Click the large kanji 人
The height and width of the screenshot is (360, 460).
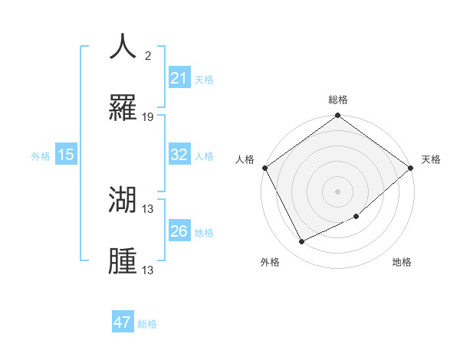pyautogui.click(x=123, y=47)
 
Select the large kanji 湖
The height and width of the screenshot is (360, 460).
pyautogui.click(x=123, y=200)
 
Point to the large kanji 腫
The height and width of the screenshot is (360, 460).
pyautogui.click(x=123, y=261)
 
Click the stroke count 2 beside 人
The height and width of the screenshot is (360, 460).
pyautogui.click(x=147, y=56)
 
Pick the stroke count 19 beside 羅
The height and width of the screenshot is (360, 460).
pyautogui.click(x=148, y=117)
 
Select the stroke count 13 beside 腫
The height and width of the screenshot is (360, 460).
pyautogui.click(x=148, y=270)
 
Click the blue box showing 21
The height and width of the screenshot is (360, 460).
pyautogui.click(x=179, y=78)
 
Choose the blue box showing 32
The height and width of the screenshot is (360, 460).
pyautogui.click(x=179, y=155)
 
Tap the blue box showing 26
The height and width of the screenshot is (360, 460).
pyautogui.click(x=179, y=231)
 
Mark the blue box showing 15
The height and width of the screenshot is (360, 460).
pyautogui.click(x=66, y=155)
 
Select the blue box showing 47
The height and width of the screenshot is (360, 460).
pyautogui.click(x=123, y=322)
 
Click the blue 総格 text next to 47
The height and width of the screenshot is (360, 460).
pyautogui.click(x=147, y=324)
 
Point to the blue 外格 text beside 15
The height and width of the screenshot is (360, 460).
pyautogui.click(x=41, y=155)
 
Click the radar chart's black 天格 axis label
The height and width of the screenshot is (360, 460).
pyautogui.click(x=431, y=159)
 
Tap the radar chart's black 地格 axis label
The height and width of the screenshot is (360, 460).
pyautogui.click(x=402, y=262)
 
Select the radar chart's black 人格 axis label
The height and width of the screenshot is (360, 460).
pyautogui.click(x=245, y=159)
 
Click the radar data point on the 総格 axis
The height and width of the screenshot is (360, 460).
pyautogui.click(x=337, y=116)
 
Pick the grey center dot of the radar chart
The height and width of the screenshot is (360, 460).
pyautogui.click(x=337, y=191)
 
